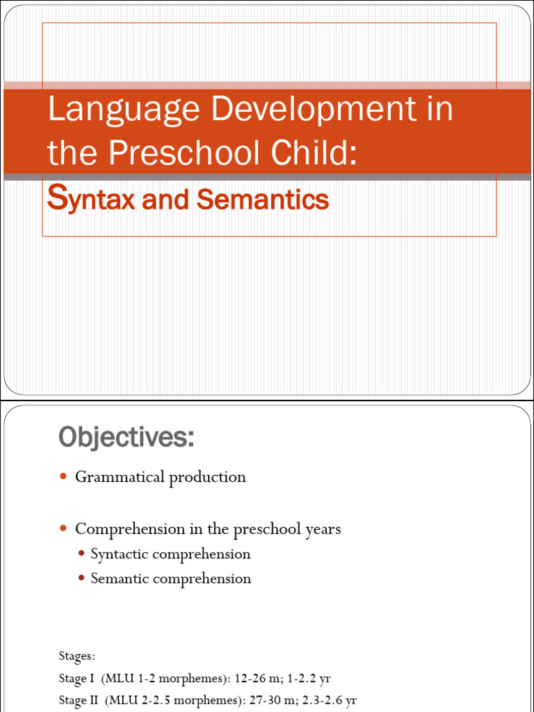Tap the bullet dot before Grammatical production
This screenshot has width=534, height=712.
[63, 476]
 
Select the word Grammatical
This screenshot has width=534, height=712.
[120, 477]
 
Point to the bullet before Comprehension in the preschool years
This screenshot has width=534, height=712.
[63, 528]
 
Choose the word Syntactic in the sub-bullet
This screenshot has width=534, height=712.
[120, 554]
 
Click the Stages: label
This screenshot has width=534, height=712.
[77, 656]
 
